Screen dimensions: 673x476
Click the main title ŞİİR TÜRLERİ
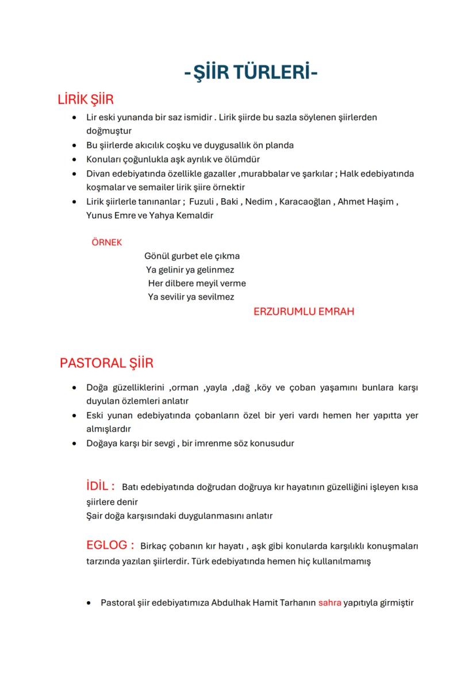pos(251,73)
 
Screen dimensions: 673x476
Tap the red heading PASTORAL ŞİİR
pos(106,363)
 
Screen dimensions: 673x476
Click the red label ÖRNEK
pos(106,243)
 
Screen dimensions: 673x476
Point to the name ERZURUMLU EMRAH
pos(304,311)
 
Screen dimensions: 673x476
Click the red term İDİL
pos(100,486)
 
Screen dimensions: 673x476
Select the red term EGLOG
pos(110,545)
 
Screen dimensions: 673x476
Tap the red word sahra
pos(329,603)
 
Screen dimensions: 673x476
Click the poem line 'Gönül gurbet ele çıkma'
pos(192,256)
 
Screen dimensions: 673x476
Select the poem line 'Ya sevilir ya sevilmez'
pos(191,297)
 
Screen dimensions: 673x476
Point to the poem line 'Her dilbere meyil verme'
pos(197,283)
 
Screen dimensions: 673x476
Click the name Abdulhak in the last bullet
pos(231,603)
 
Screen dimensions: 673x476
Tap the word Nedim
pos(259,202)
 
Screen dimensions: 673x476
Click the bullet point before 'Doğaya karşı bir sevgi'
pos(74,444)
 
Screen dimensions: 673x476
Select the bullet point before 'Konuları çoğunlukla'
pos(74,159)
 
